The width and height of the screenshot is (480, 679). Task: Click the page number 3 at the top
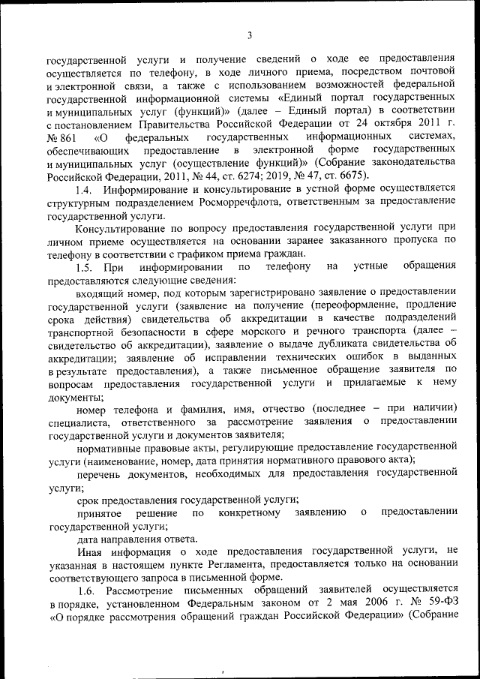click(x=248, y=33)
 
